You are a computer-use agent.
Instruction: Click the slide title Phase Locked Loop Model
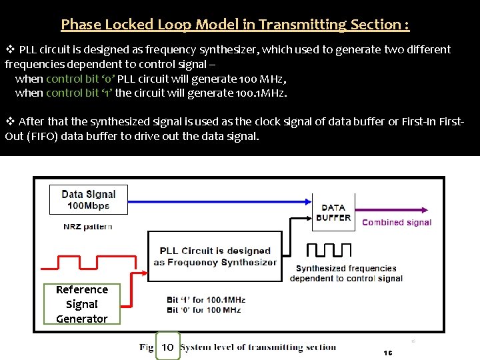point(235,25)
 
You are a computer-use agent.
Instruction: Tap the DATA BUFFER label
point(333,213)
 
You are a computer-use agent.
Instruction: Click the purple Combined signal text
point(397,223)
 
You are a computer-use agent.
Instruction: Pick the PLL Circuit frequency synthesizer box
point(215,256)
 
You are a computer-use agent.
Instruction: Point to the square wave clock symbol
point(328,251)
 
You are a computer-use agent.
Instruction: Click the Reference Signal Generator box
point(81,304)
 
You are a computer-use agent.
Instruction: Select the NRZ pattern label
point(88,227)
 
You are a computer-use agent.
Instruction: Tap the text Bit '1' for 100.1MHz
point(206,300)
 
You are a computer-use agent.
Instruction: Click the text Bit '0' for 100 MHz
point(203,310)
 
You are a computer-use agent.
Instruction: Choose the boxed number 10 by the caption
point(168,347)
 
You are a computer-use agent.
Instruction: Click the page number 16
point(388,353)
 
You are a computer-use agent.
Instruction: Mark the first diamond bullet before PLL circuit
point(10,49)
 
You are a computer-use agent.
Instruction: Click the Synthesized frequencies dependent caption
point(346,273)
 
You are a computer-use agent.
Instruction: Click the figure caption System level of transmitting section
point(259,347)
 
